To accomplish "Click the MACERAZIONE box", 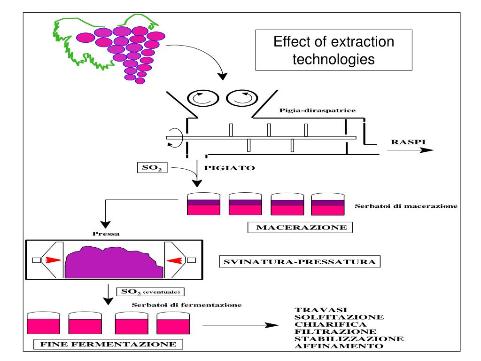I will point(300,228).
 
